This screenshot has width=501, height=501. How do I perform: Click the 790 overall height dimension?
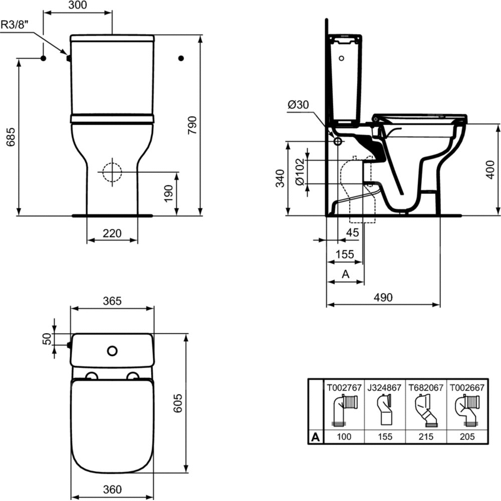coord(192,125)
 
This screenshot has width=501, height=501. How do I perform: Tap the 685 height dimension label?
coord(11,137)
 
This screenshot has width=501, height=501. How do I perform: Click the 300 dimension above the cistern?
coord(78,5)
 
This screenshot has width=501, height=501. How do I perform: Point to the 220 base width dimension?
coord(112,233)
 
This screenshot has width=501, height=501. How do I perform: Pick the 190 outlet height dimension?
coord(168,193)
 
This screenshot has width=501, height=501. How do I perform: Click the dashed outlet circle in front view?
coord(112,172)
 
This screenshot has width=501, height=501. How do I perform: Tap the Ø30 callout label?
coord(298,105)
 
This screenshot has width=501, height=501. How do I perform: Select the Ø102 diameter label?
coord(300,171)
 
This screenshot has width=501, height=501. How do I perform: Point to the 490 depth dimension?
coord(383,298)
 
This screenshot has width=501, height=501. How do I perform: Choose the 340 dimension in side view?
coord(280,178)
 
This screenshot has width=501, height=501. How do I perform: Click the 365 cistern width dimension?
coord(112,301)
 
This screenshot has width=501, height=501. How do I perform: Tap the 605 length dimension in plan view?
coord(178,403)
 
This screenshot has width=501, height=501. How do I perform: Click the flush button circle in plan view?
coord(112,351)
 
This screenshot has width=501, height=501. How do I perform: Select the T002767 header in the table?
coord(344,388)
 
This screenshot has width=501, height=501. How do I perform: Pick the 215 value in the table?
coord(426,436)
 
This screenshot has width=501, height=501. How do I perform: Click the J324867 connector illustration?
coord(384,410)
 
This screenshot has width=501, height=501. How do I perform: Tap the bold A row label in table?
coord(315,437)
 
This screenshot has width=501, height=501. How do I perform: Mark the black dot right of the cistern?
coord(181,58)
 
